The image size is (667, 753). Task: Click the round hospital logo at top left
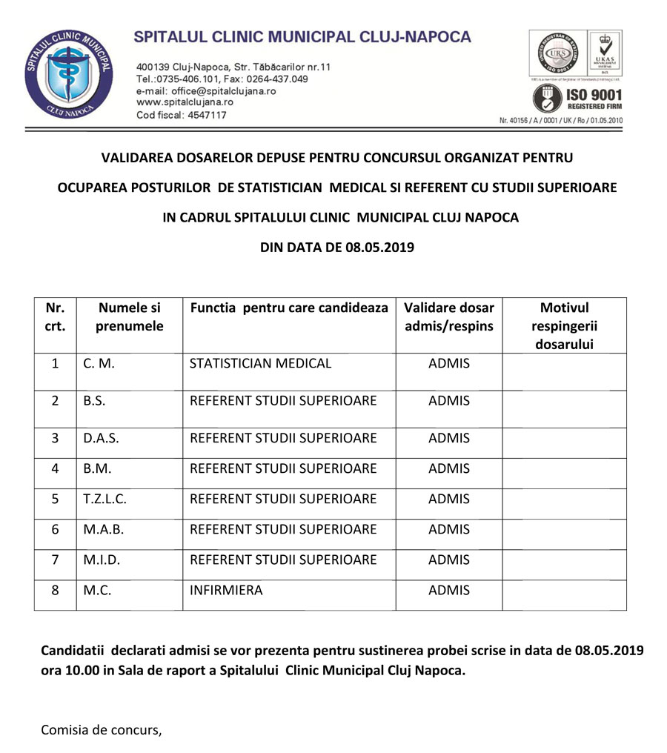coord(68,76)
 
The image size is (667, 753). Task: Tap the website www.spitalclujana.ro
coord(185,102)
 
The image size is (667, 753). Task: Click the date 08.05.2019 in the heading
coord(379,248)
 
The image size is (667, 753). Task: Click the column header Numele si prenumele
coord(130,316)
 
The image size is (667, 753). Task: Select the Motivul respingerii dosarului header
coord(564,325)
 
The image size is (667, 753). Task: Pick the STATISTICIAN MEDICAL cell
coord(261,364)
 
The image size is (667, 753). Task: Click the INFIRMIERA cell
coord(226,591)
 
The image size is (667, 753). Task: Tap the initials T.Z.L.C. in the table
coord(104,499)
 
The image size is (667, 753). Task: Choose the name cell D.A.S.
coord(101,438)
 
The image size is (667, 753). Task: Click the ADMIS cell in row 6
coord(449,529)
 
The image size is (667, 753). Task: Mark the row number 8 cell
coord(55,591)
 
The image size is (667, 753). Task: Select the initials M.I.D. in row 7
coord(102,560)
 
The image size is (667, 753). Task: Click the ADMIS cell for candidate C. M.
coord(449,364)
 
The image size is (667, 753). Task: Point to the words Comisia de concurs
coord(101,729)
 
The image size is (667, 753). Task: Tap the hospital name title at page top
coord(302,36)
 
